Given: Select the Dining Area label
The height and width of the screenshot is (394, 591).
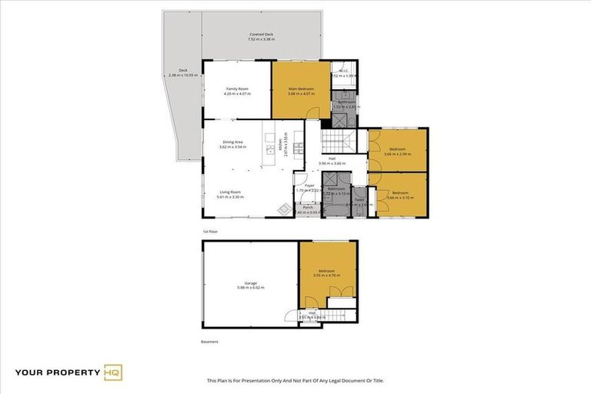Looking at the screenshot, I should pyautogui.click(x=232, y=142).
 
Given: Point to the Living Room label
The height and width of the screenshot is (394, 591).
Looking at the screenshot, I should pyautogui.click(x=231, y=192).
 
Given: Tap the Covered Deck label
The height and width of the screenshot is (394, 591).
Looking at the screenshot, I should pyautogui.click(x=262, y=34).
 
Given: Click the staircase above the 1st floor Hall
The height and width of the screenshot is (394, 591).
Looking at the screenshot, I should pyautogui.click(x=336, y=141).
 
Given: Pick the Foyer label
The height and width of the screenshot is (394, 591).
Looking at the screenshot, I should pyautogui.click(x=309, y=185).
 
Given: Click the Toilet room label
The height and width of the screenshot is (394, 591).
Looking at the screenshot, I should pyautogui.click(x=359, y=200).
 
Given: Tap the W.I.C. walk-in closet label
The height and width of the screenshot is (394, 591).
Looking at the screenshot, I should pyautogui.click(x=344, y=72).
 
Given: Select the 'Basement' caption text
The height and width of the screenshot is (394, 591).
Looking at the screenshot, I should pyautogui.click(x=210, y=341).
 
